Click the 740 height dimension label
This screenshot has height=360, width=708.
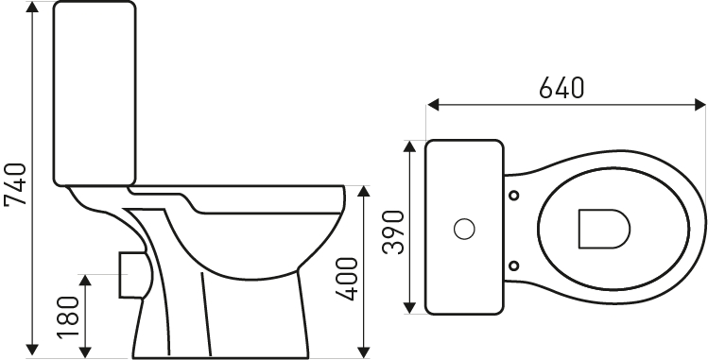tap(15, 184)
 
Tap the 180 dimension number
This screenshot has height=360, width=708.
tap(68, 317)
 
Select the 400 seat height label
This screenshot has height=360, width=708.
tap(346, 279)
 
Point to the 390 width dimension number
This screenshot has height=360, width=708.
tap(393, 231)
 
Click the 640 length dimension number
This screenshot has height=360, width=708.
tap(561, 88)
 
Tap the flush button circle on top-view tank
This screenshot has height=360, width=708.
tap(464, 229)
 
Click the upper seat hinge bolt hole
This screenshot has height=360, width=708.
tap(514, 196)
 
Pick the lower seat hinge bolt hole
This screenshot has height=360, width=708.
tap(514, 266)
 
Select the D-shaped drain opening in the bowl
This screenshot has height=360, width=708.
tap(604, 229)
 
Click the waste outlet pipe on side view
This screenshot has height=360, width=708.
tap(131, 275)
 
